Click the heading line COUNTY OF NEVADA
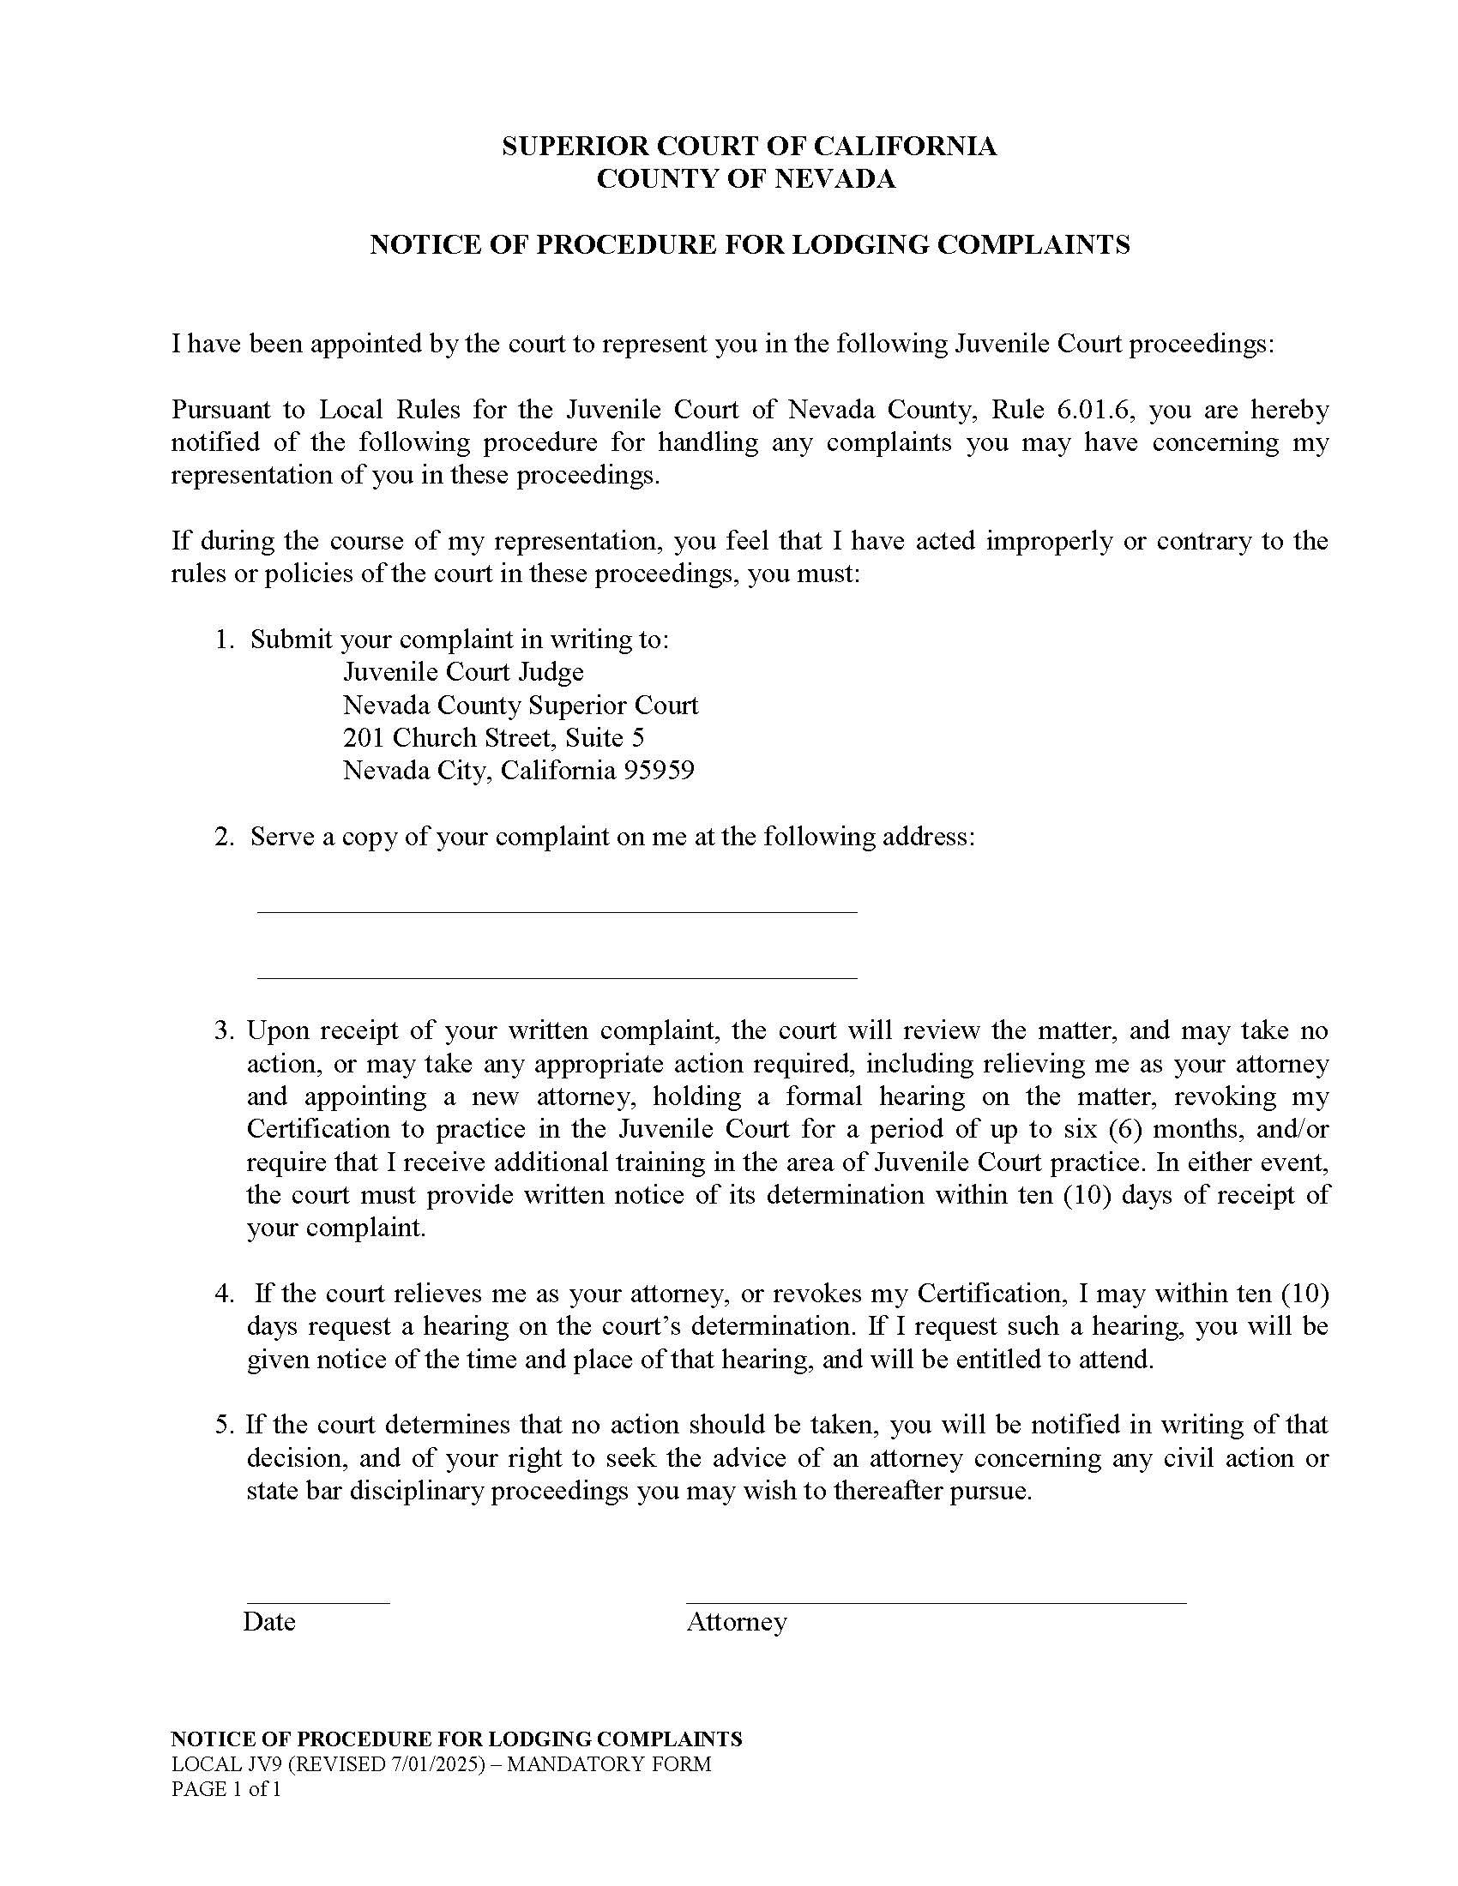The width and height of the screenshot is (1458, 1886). (x=746, y=180)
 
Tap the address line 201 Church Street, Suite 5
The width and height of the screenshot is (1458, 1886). (x=493, y=737)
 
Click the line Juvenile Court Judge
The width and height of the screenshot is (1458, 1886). (x=463, y=672)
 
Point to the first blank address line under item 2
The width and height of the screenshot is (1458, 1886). (x=557, y=911)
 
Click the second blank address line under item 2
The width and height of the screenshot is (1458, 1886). (x=557, y=977)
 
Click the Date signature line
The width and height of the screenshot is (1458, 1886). (x=318, y=1603)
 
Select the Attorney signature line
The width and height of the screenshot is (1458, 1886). (x=936, y=1603)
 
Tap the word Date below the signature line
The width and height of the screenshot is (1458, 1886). (x=269, y=1622)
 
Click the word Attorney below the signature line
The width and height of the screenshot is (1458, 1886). (x=737, y=1622)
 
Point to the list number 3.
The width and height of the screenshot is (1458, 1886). (x=224, y=1031)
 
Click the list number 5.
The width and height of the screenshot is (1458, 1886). (x=224, y=1425)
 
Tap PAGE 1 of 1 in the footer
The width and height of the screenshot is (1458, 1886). (x=226, y=1788)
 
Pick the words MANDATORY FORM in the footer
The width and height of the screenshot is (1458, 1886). (x=609, y=1764)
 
